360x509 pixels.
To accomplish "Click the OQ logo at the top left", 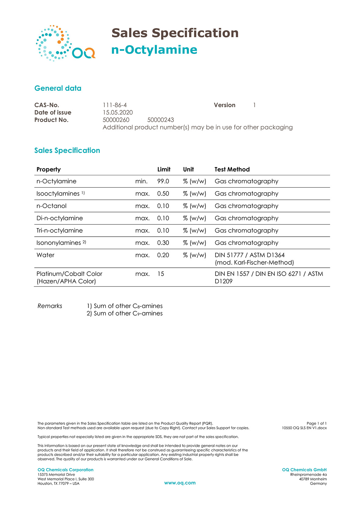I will tap(65, 43).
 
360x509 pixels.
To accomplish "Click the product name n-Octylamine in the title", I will tap(154, 50).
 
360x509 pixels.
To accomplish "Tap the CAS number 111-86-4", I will tap(115, 105).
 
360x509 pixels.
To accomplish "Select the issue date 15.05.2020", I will tap(118, 112).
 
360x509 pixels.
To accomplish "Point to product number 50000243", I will tap(161, 120).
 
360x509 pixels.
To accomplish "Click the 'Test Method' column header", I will tap(232, 169).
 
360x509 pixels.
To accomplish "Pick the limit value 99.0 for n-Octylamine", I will tap(163, 181).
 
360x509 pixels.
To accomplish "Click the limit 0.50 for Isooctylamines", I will tap(163, 194).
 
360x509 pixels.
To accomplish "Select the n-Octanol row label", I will tap(52, 206).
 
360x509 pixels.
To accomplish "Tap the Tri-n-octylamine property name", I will tap(59, 231).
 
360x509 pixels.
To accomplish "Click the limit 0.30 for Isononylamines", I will tap(163, 243).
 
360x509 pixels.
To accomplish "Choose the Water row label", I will tap(45, 255).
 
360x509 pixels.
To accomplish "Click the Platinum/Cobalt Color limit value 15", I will tap(161, 274).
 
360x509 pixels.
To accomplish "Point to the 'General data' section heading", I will tap(58, 88).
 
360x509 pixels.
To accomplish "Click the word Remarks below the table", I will tap(50, 306).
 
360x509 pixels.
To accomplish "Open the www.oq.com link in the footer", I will tap(180, 483).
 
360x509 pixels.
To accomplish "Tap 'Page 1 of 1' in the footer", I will tap(316, 423).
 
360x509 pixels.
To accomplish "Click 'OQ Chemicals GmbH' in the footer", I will tap(304, 470).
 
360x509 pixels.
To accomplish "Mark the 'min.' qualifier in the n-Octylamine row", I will tap(141, 181).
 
